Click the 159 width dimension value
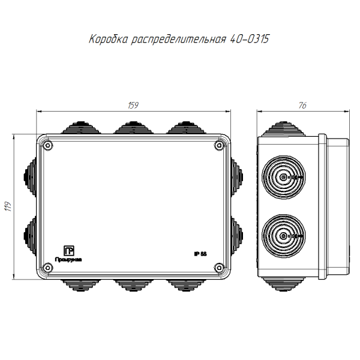point(133,106)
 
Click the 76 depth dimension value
point(302,106)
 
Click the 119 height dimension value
point(8,207)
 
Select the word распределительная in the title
point(179,40)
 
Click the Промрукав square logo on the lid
point(69,250)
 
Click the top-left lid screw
point(49,145)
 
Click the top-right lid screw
point(219,145)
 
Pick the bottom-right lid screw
point(219,268)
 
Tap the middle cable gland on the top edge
point(133,128)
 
